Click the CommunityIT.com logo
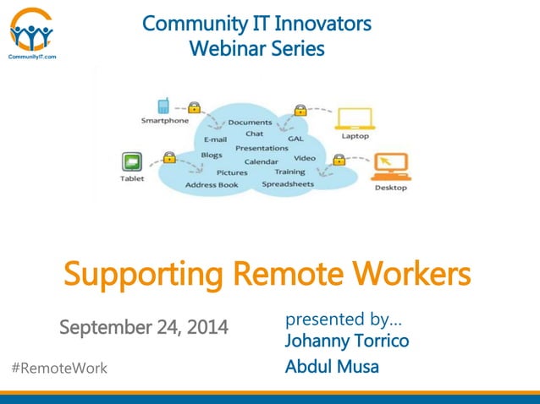31,33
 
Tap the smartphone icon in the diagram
164,106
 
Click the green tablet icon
131,161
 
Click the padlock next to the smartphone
194,107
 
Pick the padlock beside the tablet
168,156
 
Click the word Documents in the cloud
250,123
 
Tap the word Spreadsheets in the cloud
288,183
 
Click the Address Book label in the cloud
212,184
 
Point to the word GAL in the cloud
296,138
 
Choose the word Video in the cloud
305,158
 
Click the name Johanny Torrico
347,341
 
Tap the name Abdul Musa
332,367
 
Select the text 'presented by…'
344,319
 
